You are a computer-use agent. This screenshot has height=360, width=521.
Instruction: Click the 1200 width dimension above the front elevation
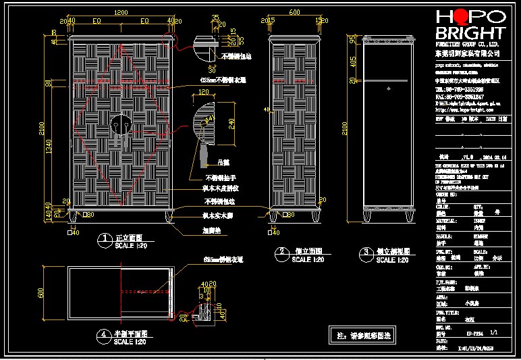(121, 13)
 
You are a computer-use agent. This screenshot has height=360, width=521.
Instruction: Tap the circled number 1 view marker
(105, 238)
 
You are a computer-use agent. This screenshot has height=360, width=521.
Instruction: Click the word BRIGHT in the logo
(470, 33)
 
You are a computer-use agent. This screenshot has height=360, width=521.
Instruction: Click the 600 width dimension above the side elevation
(294, 13)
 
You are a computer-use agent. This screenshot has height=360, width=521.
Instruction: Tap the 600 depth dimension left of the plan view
(41, 292)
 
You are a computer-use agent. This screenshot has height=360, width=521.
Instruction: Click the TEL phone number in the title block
(459, 88)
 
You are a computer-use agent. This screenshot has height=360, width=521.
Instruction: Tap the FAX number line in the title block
(459, 97)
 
